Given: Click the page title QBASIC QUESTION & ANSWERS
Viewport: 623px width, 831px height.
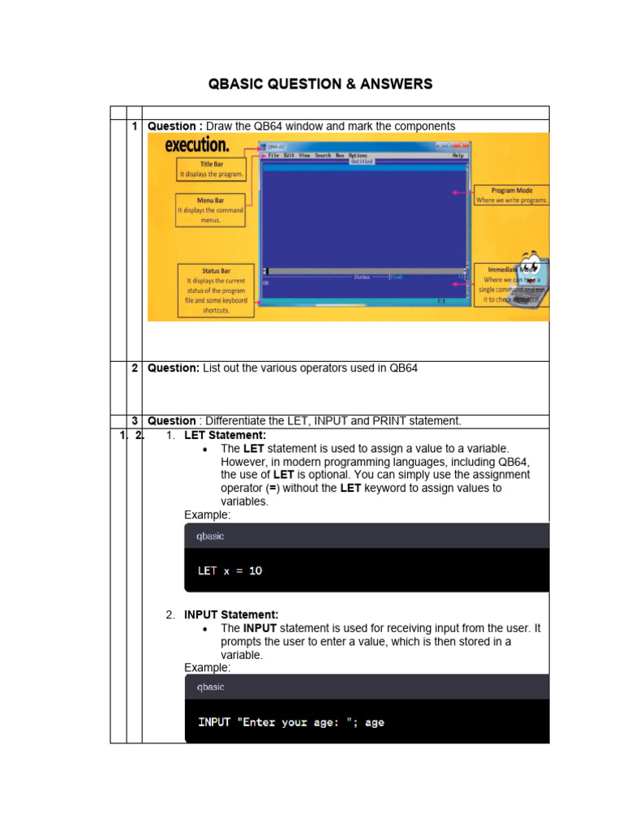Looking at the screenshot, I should point(320,84).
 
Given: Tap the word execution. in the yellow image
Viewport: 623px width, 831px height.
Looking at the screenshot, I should point(197,145).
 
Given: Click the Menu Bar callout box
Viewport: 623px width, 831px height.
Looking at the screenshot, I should point(210,209).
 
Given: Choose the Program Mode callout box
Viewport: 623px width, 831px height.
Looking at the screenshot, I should point(511,196).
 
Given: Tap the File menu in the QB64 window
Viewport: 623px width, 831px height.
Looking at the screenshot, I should point(274,155).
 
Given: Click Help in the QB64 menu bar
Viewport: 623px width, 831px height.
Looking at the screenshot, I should point(458,155).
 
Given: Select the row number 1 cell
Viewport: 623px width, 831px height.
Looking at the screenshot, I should point(134,127).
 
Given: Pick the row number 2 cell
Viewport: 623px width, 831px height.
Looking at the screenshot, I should point(134,368).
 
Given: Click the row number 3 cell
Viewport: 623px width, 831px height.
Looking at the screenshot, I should point(134,420).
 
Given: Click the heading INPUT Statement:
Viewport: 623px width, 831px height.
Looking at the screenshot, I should point(231,615).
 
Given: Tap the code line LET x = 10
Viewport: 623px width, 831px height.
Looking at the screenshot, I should point(230,571).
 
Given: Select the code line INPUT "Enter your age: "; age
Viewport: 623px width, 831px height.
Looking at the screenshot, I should point(291,721).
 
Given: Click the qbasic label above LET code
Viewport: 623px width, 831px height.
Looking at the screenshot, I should point(210,536).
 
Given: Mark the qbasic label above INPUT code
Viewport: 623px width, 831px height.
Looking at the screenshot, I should point(210,687).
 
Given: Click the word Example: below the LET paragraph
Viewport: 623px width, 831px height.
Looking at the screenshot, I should point(207,515).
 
